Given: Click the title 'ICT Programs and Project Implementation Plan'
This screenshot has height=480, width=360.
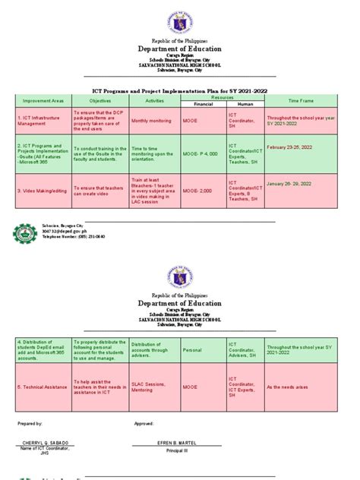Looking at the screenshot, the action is click(x=179, y=89).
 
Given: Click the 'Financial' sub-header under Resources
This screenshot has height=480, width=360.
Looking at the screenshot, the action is click(x=203, y=104).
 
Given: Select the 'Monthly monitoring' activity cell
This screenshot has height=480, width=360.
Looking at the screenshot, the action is click(x=150, y=120).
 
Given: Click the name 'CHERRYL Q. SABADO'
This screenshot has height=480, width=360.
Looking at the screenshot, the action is click(x=47, y=442).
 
